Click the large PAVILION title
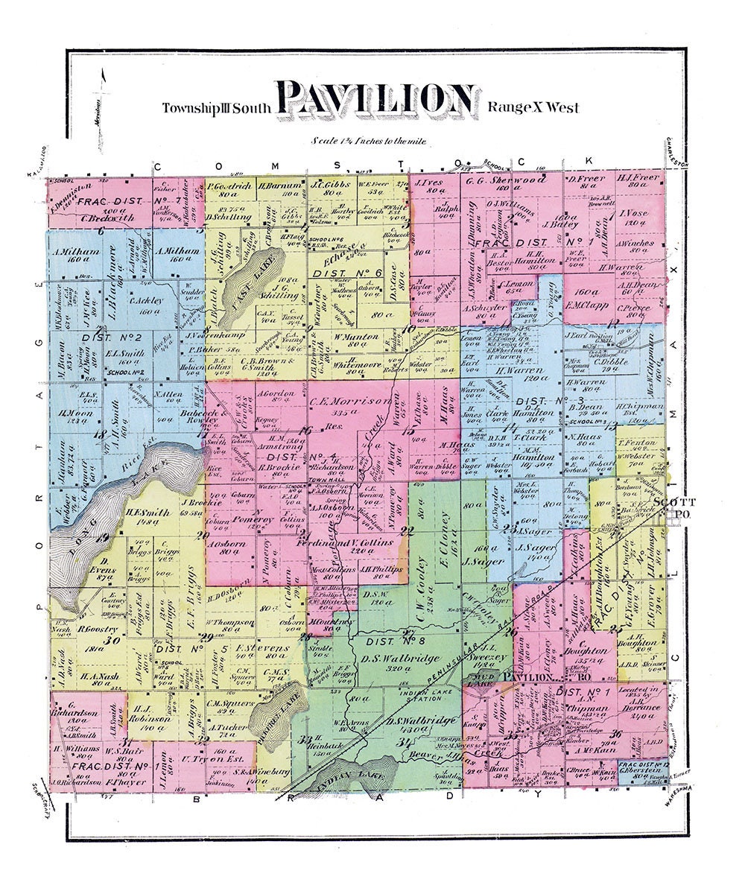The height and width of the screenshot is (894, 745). tap(377, 101)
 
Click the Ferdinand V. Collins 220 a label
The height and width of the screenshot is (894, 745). tap(348, 542)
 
